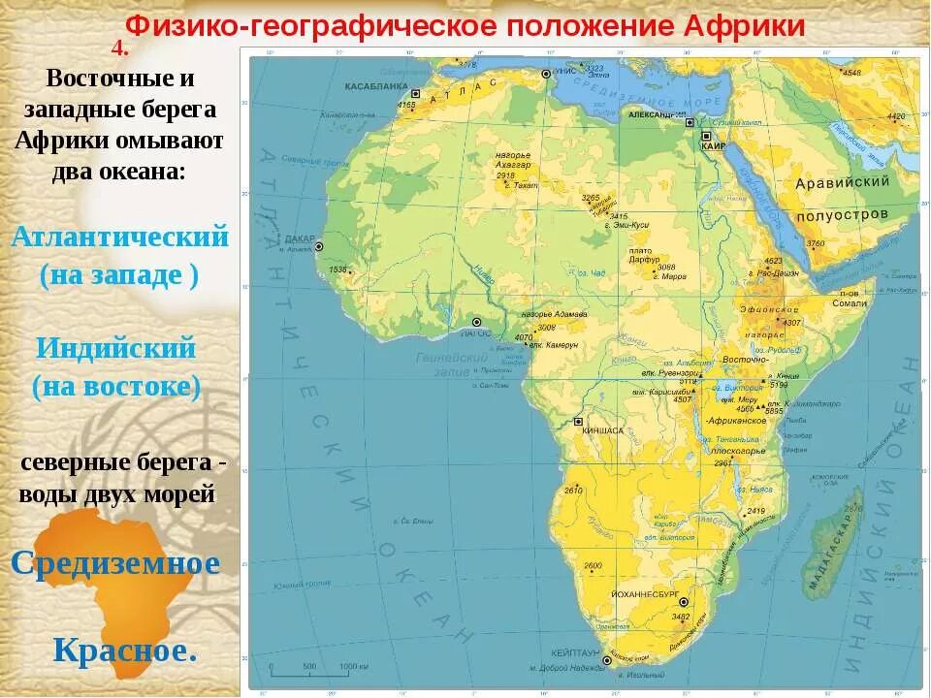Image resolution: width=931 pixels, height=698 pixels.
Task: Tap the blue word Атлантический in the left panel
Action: coord(120,237)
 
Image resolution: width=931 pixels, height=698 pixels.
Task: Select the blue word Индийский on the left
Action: coord(115,347)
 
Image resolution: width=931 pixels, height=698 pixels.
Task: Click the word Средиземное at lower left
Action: coord(115,562)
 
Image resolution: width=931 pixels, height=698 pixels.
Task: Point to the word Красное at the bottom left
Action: coord(125,650)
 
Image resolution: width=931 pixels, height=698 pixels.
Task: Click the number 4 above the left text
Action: coord(119,48)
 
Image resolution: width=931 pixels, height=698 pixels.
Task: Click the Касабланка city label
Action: coord(375,85)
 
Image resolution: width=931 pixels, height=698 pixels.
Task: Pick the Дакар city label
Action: coord(300,238)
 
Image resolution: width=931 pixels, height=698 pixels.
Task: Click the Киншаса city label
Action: coord(602,429)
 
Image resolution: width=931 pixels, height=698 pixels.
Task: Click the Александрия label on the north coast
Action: coord(656,114)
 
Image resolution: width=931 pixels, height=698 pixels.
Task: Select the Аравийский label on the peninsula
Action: coord(842,182)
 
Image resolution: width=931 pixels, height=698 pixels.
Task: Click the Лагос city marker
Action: coord(476,323)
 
